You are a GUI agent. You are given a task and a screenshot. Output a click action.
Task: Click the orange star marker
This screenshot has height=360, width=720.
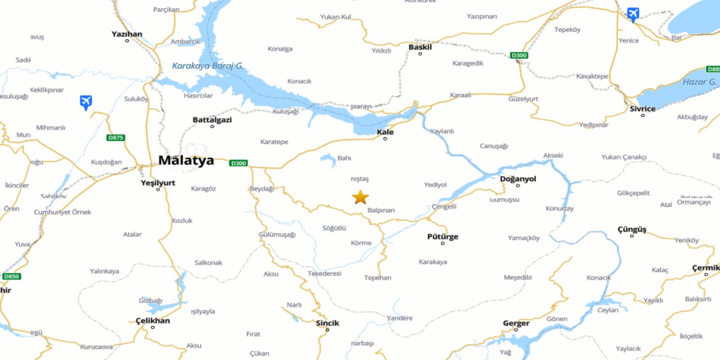point(361,197)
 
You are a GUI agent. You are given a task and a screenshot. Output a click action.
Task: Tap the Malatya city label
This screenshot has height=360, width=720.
point(186,160)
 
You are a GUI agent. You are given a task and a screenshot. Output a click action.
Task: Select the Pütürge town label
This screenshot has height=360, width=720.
point(443,237)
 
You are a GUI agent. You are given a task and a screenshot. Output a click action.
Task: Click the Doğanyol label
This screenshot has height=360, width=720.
point(518,179)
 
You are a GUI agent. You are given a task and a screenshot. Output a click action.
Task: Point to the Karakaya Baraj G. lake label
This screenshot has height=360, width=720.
point(208,66)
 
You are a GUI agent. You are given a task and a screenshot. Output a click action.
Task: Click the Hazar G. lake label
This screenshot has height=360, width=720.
point(699,82)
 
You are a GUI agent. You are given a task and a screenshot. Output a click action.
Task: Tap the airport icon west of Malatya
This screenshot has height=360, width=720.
point(85,102)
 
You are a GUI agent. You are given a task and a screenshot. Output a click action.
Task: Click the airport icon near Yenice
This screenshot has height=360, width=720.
point(633,14)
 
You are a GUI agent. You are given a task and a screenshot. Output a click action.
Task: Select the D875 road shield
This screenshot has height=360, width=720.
point(115,138)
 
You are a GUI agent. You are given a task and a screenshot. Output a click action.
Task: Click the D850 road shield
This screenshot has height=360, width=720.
point(11,276)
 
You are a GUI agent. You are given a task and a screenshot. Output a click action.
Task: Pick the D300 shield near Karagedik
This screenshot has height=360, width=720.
point(519,55)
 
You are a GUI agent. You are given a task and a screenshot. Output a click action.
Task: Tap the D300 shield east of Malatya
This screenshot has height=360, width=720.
point(238,163)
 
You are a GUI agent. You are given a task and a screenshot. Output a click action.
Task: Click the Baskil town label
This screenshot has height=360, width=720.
point(420,47)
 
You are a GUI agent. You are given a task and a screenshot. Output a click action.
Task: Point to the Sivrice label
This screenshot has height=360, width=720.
point(642,109)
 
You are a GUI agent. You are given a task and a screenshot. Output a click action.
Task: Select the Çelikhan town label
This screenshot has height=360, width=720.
point(152,321)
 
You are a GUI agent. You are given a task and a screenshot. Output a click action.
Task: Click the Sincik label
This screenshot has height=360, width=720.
point(327,323)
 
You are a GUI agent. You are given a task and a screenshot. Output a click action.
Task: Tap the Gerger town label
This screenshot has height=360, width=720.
point(516,323)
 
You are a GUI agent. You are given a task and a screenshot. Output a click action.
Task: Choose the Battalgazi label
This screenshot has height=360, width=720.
point(212,120)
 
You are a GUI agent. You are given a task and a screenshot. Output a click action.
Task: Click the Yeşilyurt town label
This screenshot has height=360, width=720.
point(158,183)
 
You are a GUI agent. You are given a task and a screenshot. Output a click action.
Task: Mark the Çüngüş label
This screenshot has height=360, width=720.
point(632,229)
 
